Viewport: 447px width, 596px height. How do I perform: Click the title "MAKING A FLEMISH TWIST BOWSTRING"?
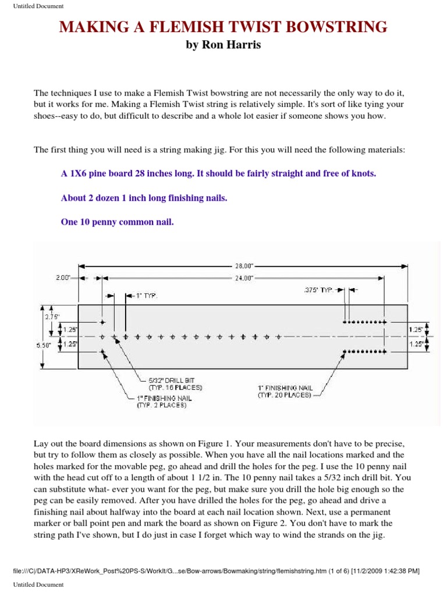pyautogui.click(x=224, y=27)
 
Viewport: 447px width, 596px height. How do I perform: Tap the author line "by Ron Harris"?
pyautogui.click(x=223, y=45)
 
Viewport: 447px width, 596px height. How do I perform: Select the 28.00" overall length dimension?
pyautogui.click(x=244, y=265)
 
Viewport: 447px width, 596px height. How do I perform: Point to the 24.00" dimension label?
pyautogui.click(x=244, y=278)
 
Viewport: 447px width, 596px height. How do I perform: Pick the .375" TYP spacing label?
pyautogui.click(x=318, y=289)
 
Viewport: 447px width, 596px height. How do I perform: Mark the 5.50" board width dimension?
pyautogui.click(x=44, y=345)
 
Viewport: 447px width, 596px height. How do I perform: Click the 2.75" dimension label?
pyautogui.click(x=53, y=317)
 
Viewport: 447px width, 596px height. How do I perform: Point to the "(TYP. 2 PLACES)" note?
pyautogui.click(x=161, y=405)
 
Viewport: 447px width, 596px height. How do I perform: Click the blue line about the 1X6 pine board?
pyautogui.click(x=218, y=173)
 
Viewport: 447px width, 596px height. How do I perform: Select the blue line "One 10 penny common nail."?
pyautogui.click(x=117, y=222)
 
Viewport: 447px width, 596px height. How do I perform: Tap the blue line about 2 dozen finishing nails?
pyautogui.click(x=144, y=198)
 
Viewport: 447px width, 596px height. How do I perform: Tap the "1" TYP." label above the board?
pyautogui.click(x=146, y=296)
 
